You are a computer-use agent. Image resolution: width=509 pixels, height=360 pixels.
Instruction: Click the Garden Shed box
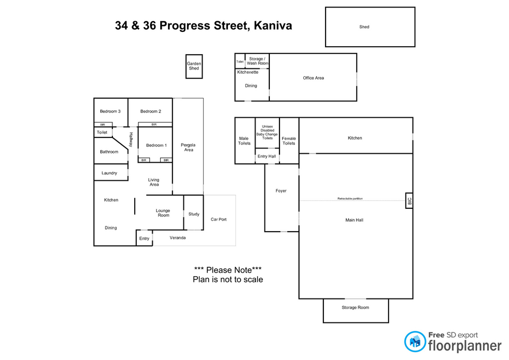click(194, 66)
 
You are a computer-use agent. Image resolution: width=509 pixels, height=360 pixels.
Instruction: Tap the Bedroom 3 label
click(110, 111)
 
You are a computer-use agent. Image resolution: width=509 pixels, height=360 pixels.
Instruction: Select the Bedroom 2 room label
click(151, 111)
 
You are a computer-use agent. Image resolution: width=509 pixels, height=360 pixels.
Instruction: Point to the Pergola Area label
click(188, 147)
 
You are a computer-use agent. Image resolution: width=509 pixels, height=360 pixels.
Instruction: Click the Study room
click(194, 214)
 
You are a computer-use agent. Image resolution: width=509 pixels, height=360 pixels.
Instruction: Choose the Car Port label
click(218, 219)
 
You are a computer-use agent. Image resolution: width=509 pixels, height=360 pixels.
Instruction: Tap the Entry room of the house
click(144, 239)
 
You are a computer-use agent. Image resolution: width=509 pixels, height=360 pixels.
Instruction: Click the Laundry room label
click(109, 173)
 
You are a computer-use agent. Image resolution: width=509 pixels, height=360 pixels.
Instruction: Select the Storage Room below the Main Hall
click(355, 308)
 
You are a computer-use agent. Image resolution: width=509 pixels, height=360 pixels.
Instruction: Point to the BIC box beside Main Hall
click(409, 200)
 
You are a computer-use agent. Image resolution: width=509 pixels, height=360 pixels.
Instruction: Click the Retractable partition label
click(350, 198)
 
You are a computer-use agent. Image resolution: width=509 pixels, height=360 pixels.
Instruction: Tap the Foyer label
click(281, 191)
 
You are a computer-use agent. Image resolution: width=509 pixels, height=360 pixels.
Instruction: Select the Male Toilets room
click(244, 141)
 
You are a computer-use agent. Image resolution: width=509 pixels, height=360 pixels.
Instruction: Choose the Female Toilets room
click(289, 141)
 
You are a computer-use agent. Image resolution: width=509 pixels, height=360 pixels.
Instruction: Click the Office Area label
click(313, 78)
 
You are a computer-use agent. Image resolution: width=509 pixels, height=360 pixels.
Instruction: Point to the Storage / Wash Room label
click(258, 61)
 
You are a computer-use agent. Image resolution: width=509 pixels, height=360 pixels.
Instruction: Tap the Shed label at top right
click(364, 27)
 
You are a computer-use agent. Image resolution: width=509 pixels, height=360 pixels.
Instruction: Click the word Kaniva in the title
click(273, 25)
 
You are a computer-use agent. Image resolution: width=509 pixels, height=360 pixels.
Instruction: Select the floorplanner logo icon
click(415, 341)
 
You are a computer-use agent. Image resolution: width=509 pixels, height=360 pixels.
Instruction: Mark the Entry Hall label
click(267, 156)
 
